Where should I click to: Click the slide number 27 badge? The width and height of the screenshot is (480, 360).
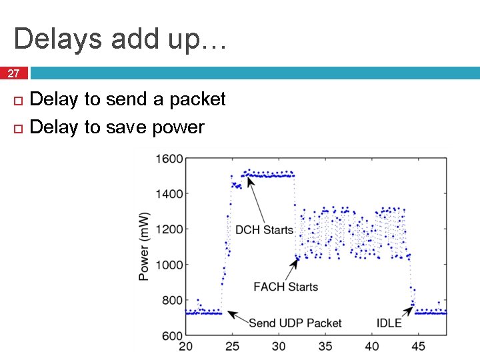[x=14, y=73]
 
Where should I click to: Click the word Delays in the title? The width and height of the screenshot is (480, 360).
[x=55, y=39]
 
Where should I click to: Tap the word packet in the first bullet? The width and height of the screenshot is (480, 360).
[x=197, y=99]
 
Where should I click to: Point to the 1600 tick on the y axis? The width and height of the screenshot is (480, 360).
[x=169, y=159]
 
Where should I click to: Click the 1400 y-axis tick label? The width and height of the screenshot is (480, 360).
[x=169, y=194]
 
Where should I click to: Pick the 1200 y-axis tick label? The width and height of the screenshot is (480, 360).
[x=169, y=229]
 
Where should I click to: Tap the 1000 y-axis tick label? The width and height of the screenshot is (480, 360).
[x=169, y=265]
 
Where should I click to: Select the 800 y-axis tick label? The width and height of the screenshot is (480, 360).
[x=172, y=300]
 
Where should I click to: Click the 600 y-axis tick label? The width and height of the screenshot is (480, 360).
[x=172, y=335]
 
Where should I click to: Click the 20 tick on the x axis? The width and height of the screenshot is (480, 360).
[x=186, y=347]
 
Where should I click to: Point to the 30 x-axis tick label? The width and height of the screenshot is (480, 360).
[x=279, y=347]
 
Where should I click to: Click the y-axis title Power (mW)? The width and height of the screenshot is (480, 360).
[x=144, y=247]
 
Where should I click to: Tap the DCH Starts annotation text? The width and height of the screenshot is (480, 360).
[x=264, y=230]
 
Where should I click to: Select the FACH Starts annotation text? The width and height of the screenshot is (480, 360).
[x=285, y=287]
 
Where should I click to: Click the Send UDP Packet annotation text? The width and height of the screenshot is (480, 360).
[x=295, y=323]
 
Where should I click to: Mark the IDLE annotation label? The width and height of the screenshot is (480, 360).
[x=389, y=323]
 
